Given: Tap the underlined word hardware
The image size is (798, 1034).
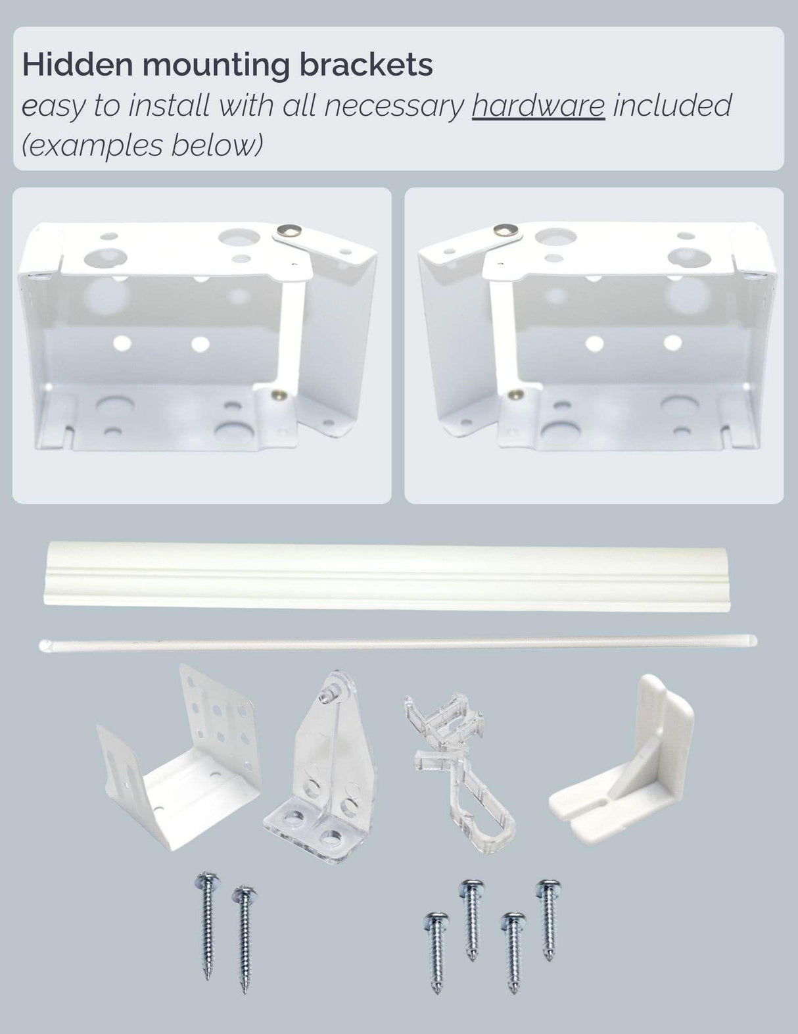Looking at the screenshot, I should (538, 105).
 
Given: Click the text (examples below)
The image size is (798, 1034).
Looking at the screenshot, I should (141, 145).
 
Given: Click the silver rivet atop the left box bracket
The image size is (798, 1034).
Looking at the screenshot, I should (288, 230).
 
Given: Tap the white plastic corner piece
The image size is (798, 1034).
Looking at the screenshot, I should (624, 763).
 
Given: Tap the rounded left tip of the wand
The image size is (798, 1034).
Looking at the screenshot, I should (45, 645).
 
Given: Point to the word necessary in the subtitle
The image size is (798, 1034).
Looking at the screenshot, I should (394, 105).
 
